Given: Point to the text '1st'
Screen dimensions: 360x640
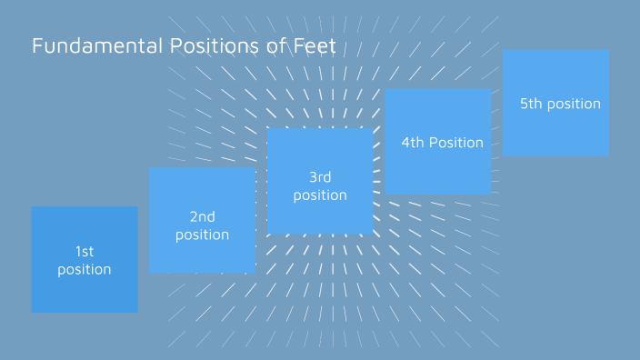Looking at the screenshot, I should click(x=85, y=251).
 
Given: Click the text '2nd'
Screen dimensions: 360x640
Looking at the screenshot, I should click(x=202, y=216).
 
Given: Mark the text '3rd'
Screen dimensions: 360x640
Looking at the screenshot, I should click(x=320, y=176).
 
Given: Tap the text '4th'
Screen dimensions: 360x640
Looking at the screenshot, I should click(x=413, y=143).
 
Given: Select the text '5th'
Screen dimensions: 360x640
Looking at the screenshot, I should click(x=531, y=104).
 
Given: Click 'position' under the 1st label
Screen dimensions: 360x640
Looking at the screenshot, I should click(x=85, y=270).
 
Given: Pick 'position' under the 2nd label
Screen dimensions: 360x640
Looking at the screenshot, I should click(x=202, y=235).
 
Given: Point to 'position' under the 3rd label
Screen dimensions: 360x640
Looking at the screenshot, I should click(x=320, y=195).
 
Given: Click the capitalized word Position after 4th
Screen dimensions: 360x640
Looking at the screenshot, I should click(x=456, y=143).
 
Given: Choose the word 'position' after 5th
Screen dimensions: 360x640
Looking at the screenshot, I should click(x=574, y=104).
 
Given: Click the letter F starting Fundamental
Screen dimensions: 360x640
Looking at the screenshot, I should click(x=37, y=45).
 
